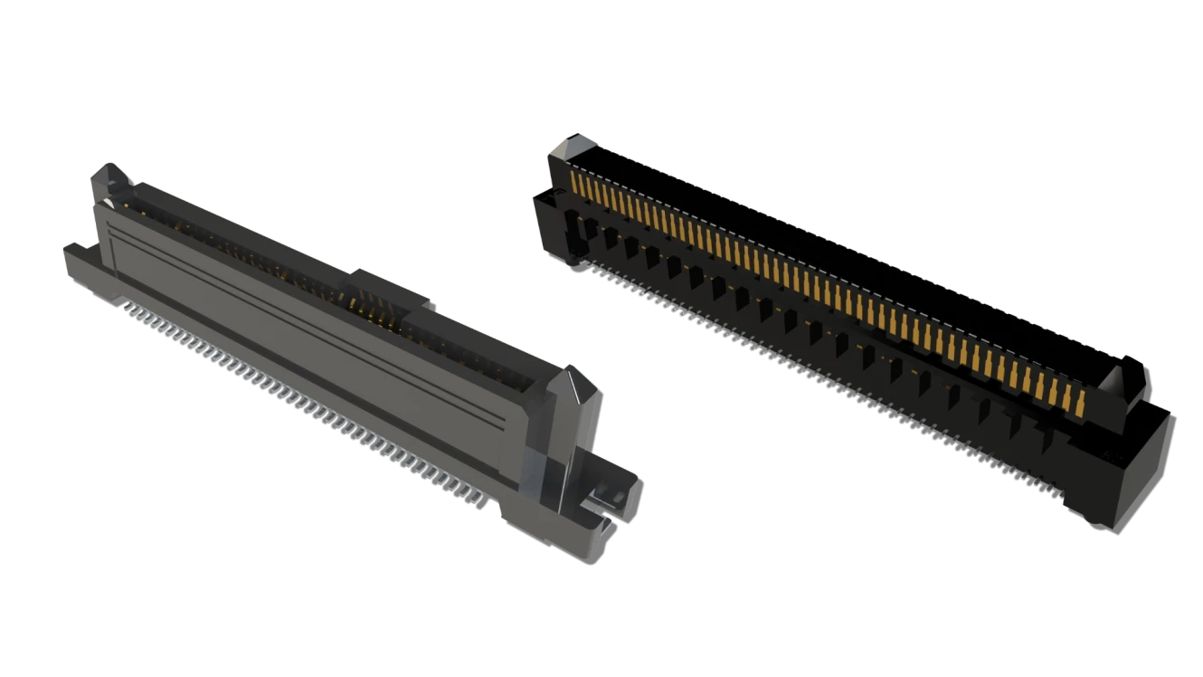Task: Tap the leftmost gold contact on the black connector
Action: (x=576, y=186)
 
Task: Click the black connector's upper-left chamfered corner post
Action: (x=569, y=149)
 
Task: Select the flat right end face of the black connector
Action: (x=1144, y=471)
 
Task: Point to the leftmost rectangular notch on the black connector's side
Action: (x=571, y=222)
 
